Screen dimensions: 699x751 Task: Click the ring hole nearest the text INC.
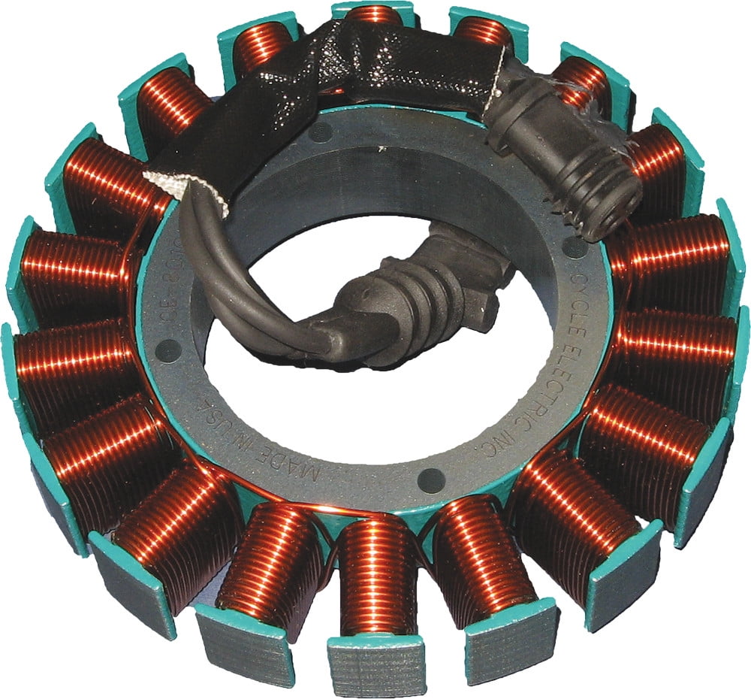pyautogui.click(x=431, y=476)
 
